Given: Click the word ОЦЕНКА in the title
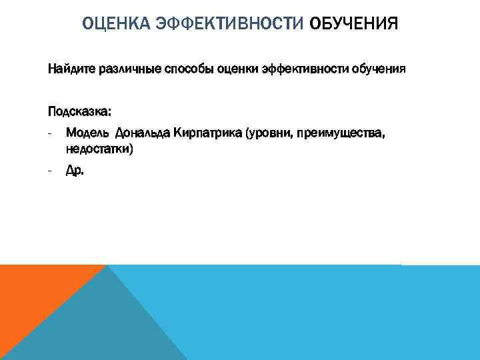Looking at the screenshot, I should click(x=115, y=25).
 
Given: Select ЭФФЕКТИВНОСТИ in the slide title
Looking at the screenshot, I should click(x=229, y=25).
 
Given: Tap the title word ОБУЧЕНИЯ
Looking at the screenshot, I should click(x=353, y=25).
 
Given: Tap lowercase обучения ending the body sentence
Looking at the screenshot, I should click(x=377, y=69).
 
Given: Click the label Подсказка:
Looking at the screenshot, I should click(x=79, y=109).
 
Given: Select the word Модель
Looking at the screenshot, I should click(x=87, y=133).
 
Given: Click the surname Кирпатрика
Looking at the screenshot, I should click(x=207, y=133).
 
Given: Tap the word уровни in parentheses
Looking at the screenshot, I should click(x=269, y=133).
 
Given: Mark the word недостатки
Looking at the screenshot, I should click(x=99, y=149).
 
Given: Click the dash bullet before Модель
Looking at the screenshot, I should click(x=50, y=133).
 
